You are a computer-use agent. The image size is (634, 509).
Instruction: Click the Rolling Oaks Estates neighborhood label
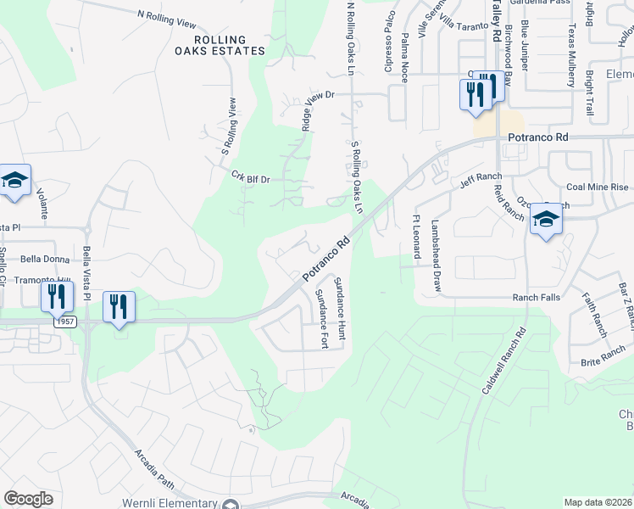point(220,45)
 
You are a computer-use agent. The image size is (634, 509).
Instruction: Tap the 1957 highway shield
point(62,322)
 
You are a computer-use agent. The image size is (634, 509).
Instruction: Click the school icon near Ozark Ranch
point(546,221)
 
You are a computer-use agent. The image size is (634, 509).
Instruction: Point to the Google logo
point(28,499)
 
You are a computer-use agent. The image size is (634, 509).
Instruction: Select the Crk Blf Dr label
point(250,177)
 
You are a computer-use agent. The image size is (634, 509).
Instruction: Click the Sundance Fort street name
point(322,318)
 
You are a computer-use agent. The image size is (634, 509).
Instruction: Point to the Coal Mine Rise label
point(598,187)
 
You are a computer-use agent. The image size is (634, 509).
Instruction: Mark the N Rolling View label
point(172,19)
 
